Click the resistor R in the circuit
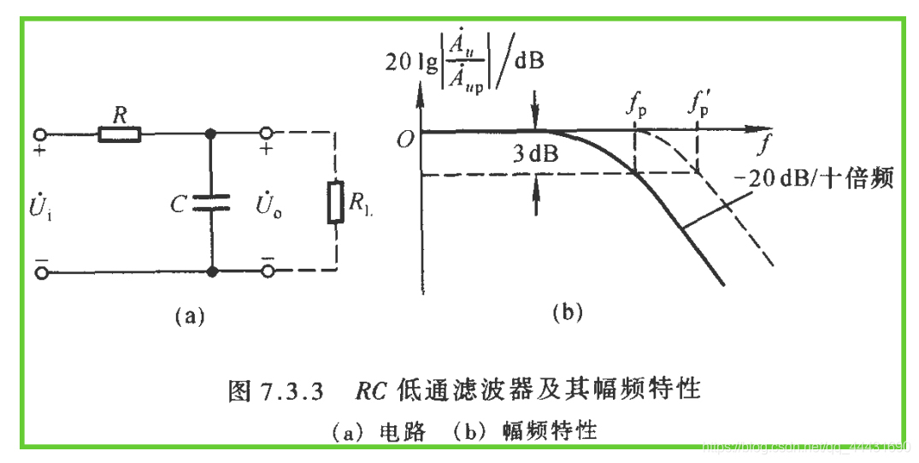120,134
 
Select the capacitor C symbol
210,202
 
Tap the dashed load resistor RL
335,202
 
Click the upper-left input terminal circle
39,134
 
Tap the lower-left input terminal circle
39,272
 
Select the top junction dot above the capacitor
210,134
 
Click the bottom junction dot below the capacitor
210,272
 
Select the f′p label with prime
698,107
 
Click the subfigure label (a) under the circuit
189,316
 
